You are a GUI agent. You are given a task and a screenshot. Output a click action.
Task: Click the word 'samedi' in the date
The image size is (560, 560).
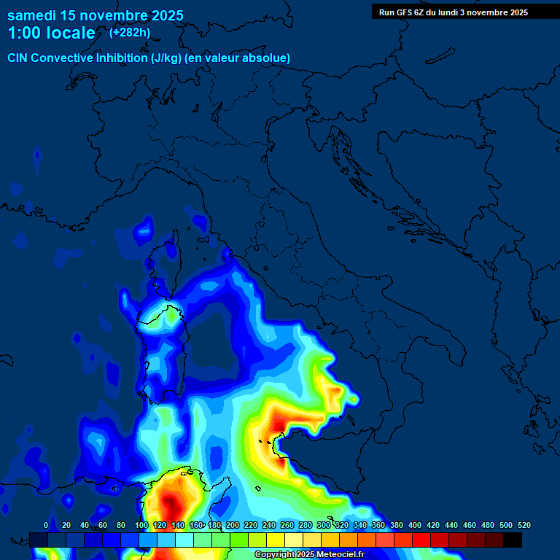(32, 15)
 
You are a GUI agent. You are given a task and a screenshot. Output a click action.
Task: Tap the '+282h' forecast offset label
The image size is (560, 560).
(130, 32)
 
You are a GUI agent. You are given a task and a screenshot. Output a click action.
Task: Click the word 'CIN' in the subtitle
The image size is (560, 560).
(18, 58)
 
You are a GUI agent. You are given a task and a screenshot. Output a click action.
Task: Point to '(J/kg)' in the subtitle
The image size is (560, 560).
(166, 58)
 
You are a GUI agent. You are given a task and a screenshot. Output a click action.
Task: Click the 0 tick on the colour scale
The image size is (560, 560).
(46, 525)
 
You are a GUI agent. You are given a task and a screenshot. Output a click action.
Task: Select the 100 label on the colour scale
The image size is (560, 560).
(141, 525)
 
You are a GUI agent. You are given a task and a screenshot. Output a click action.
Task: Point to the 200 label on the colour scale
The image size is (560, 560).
(233, 525)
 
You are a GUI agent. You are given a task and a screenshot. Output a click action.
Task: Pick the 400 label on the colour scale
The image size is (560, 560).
(415, 525)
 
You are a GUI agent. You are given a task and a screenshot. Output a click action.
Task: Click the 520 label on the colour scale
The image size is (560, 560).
(524, 525)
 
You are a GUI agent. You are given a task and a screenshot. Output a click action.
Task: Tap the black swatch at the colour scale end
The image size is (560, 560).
(513, 540)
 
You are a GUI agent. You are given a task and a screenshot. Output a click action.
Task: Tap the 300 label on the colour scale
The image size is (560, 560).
(324, 525)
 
